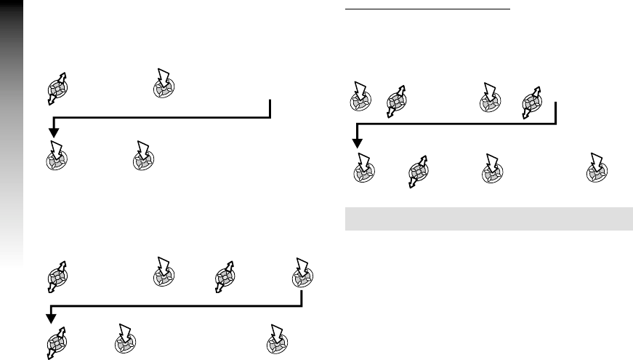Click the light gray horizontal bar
pyautogui.click(x=488, y=219)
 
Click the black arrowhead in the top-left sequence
pyautogui.click(x=54, y=132)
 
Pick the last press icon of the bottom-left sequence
pyautogui.click(x=276, y=339)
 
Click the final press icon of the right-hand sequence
pyautogui.click(x=598, y=169)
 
